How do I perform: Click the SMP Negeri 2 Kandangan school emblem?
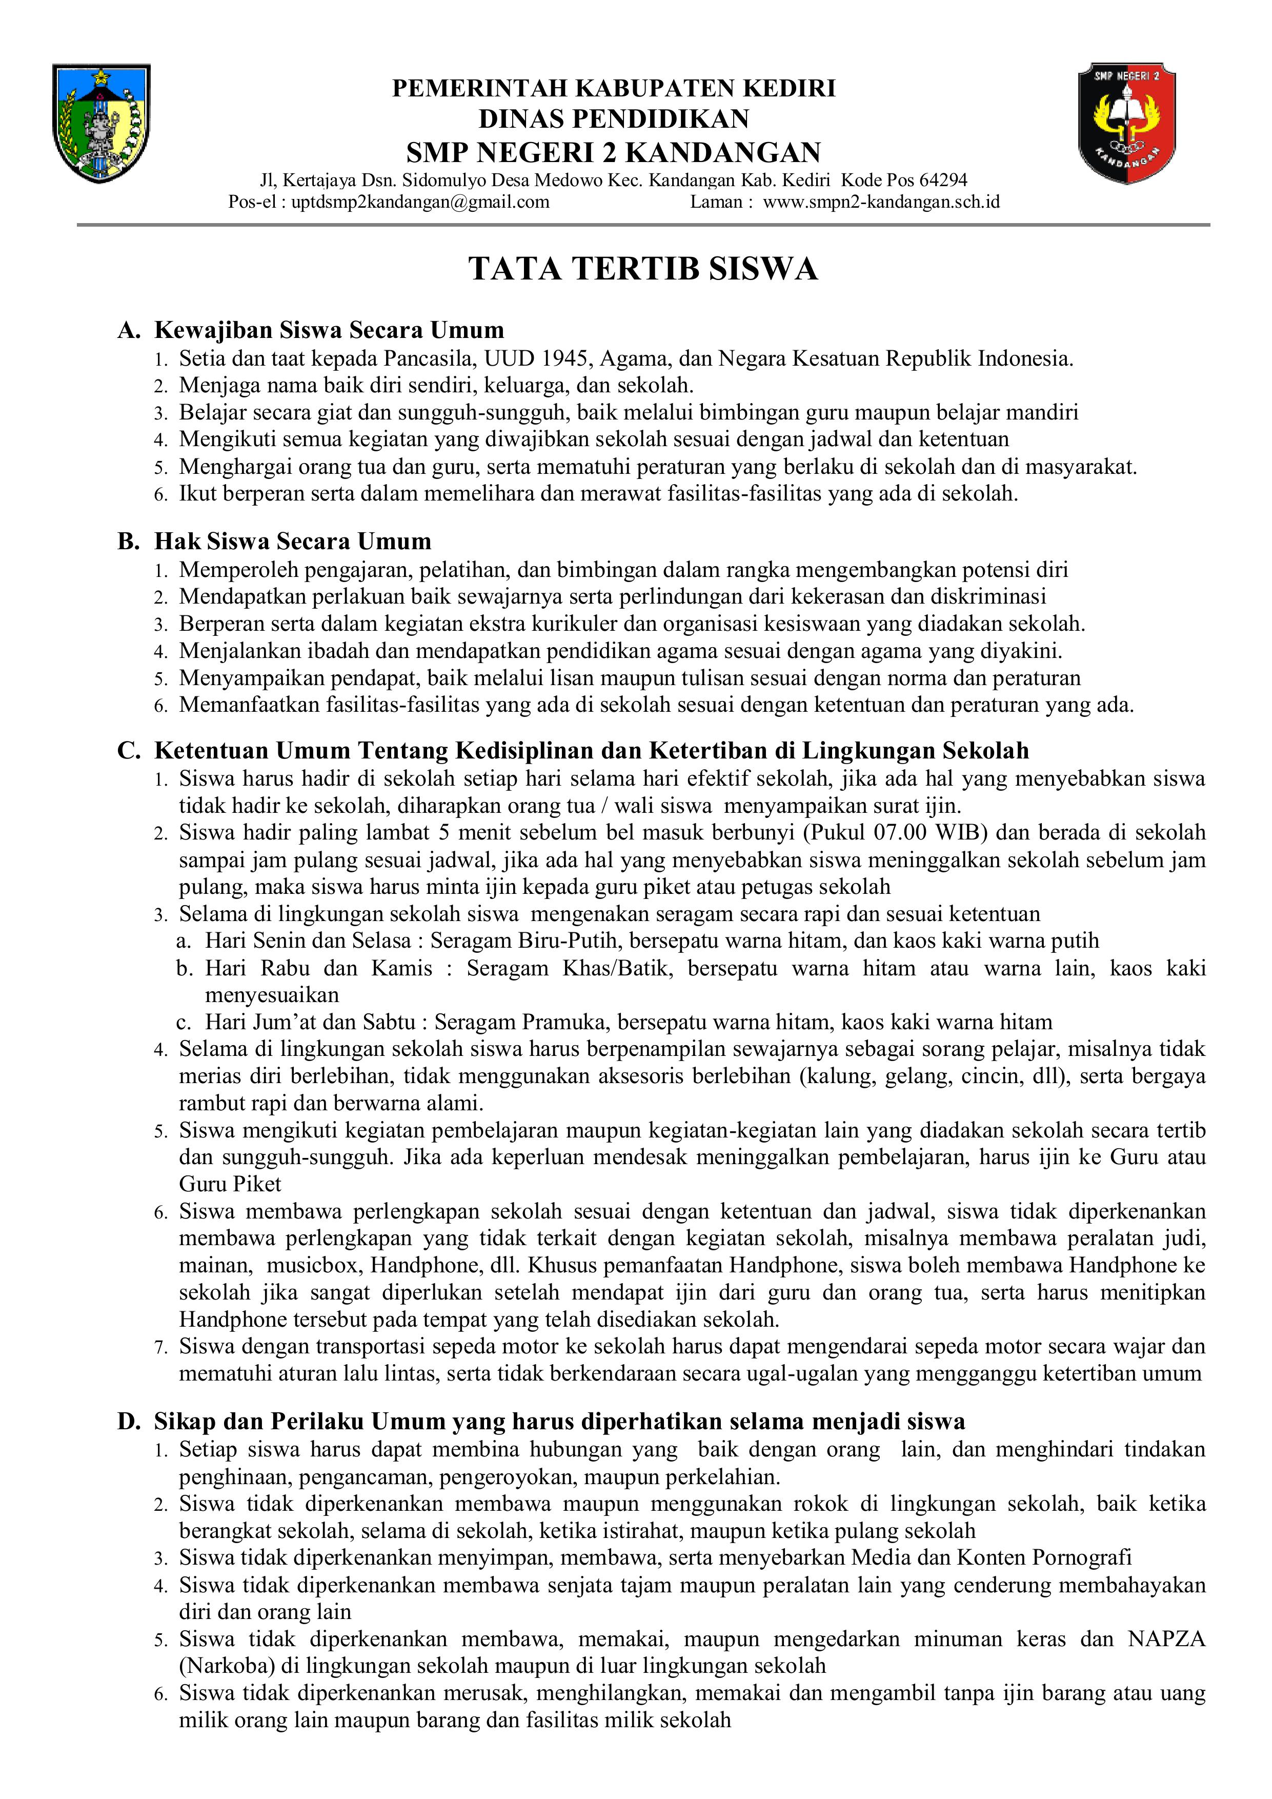(x=1126, y=123)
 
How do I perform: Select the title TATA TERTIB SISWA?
(x=643, y=269)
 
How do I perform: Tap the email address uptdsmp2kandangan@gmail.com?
(x=420, y=202)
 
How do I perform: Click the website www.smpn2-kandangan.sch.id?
(x=881, y=202)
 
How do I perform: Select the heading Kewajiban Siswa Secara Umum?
(x=329, y=330)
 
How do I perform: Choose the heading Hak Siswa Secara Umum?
(x=293, y=542)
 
